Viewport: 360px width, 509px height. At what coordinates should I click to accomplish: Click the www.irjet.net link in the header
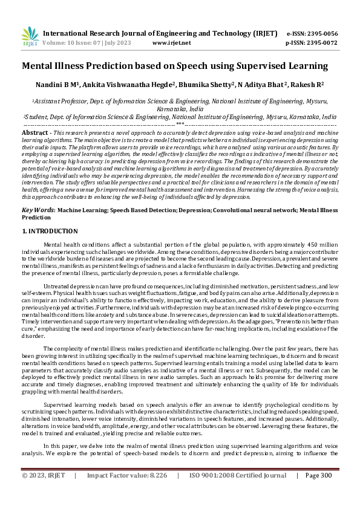click(x=172, y=43)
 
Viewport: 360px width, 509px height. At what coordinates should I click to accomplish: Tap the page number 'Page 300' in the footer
click(x=319, y=492)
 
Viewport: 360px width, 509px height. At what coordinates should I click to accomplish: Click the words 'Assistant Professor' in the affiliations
click(x=59, y=103)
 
